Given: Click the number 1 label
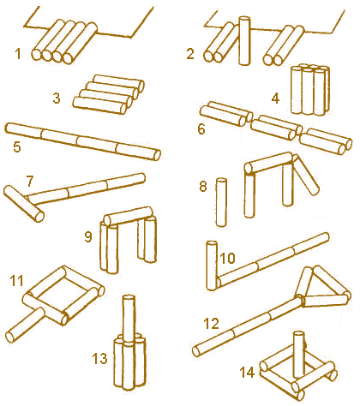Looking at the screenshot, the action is click(x=18, y=54).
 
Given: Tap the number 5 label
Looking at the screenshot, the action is click(x=17, y=146).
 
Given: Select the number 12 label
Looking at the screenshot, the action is click(x=211, y=324).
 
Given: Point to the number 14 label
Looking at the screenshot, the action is click(x=247, y=373).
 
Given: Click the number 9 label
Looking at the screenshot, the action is click(x=88, y=236).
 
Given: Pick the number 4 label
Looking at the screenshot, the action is click(x=275, y=99).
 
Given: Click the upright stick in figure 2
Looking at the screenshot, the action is click(x=244, y=40).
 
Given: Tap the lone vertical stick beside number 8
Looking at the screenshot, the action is click(x=221, y=202).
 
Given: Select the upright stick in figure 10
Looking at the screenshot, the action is click(x=212, y=266).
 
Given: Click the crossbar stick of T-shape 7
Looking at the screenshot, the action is click(x=24, y=203).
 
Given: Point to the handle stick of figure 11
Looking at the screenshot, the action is click(x=25, y=325).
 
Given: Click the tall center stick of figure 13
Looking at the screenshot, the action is click(x=129, y=316).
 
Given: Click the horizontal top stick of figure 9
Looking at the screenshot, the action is click(x=128, y=216).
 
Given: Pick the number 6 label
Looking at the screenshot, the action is click(x=201, y=129).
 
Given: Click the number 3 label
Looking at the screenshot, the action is click(x=57, y=98).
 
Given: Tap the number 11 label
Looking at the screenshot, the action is click(x=16, y=281).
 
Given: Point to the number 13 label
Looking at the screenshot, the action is click(x=99, y=359).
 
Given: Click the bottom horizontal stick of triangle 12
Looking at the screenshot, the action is click(x=325, y=301).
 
